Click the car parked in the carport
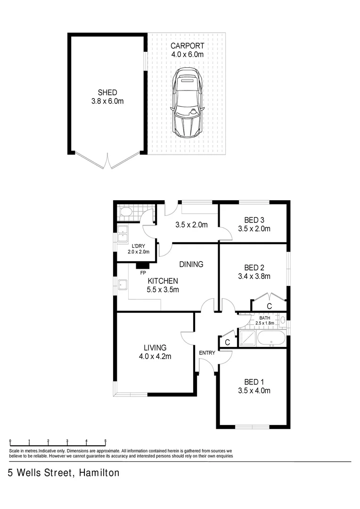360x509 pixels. pos(188,103)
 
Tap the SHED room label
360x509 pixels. pos(107,92)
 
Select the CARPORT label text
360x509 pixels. pos(187,46)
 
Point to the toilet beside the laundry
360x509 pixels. pos(126,212)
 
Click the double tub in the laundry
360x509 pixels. pos(123,234)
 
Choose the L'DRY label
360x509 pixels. pos(138,246)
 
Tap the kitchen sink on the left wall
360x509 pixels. pos(123,285)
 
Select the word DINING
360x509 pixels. pos(191,264)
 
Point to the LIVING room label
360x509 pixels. pos(155,348)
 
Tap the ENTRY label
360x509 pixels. pos(207,353)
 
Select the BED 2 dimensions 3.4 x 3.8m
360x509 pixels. pos(257,276)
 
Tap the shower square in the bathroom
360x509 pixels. pos(247,338)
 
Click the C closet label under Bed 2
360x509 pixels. pos(269,306)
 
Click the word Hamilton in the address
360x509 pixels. pos(99,473)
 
